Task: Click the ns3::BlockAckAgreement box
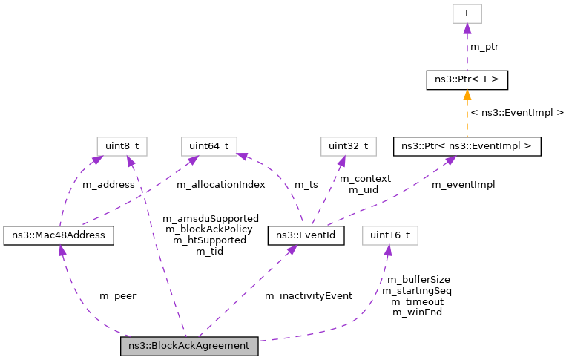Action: pyautogui.click(x=189, y=347)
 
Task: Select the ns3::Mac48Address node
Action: pyautogui.click(x=59, y=236)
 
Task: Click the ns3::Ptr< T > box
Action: pyautogui.click(x=467, y=79)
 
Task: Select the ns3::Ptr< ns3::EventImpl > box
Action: pyautogui.click(x=467, y=145)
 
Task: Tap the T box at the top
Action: pyautogui.click(x=467, y=13)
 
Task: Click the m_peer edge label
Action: pyautogui.click(x=117, y=295)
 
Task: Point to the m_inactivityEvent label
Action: pyautogui.click(x=308, y=295)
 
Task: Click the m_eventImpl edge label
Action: pyautogui.click(x=463, y=184)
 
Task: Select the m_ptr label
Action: pyautogui.click(x=484, y=48)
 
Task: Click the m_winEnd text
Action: pyautogui.click(x=417, y=312)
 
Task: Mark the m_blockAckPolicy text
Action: pyautogui.click(x=210, y=229)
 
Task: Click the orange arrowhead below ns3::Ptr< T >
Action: pyautogui.click(x=467, y=95)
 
